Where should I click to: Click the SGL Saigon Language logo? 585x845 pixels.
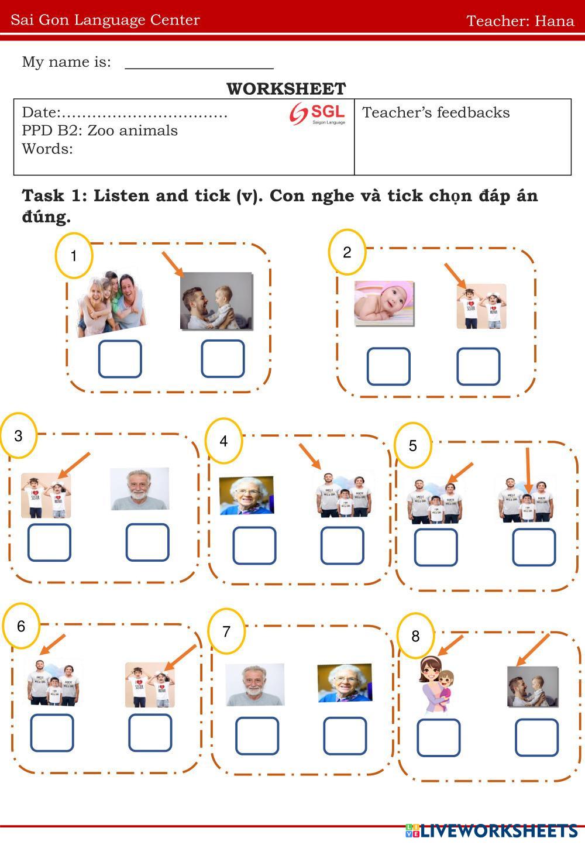coord(318,114)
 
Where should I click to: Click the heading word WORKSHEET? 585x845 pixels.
coord(286,89)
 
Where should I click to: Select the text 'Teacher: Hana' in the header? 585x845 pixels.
coord(519,21)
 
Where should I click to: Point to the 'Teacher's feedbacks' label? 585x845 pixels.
coord(436,112)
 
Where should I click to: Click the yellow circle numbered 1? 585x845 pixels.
coord(74,256)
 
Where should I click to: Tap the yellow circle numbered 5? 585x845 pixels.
coord(413,445)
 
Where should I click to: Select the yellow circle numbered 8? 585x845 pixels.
coord(415,636)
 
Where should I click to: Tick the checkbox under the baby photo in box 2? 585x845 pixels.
coord(388,366)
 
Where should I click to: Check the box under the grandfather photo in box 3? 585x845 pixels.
coord(147,542)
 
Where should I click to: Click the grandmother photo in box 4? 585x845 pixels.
coord(246,495)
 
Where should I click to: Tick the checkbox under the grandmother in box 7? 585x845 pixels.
coord(345,736)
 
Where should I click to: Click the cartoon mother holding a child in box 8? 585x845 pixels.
coord(436,683)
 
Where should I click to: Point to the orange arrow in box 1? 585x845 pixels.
coord(173,264)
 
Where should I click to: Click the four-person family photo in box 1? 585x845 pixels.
coord(111,304)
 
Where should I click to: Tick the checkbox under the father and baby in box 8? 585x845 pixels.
coord(536,737)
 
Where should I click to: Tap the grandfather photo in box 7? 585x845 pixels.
coord(254,684)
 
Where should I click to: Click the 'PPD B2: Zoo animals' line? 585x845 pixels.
coord(100,130)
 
